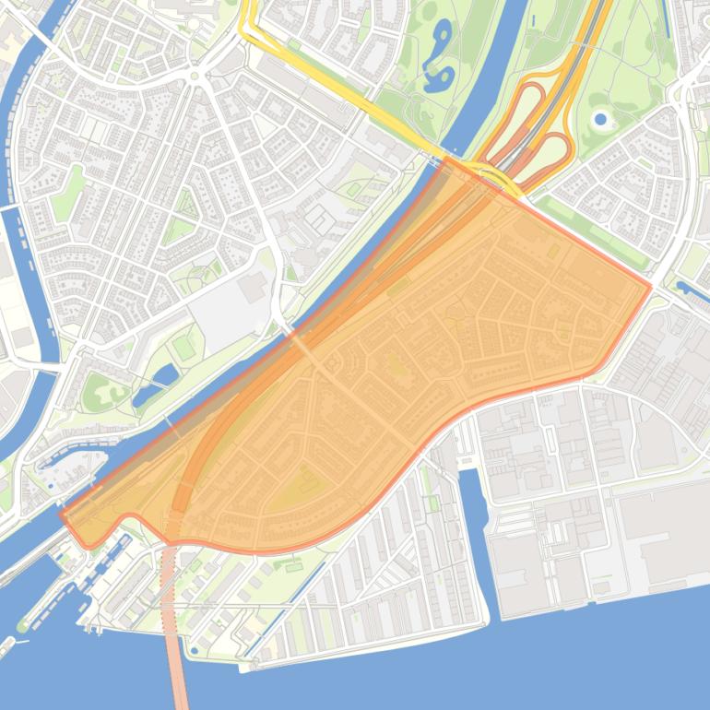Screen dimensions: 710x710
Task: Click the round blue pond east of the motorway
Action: click(x=601, y=119)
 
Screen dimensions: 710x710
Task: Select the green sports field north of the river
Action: click(x=184, y=347)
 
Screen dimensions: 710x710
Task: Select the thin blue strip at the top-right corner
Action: click(x=666, y=14)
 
